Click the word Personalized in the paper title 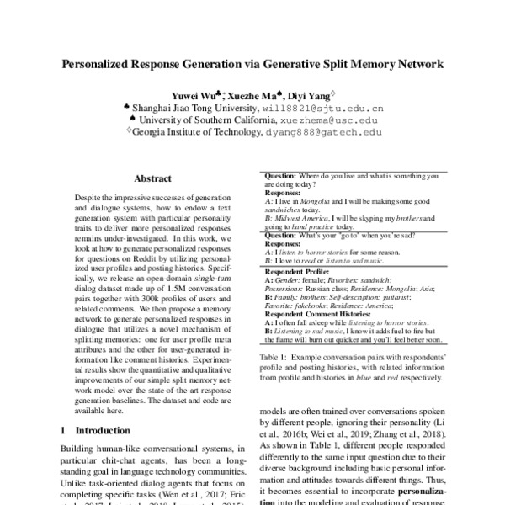point(101,63)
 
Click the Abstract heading point(154,178)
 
